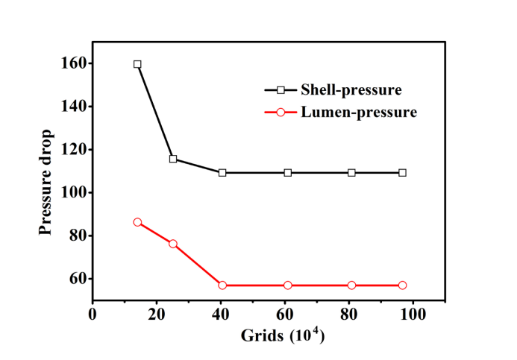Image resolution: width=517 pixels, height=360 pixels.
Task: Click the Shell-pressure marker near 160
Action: [137, 64]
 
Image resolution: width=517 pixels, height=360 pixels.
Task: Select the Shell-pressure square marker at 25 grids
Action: [173, 159]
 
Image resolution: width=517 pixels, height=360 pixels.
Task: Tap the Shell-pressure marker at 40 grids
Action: [222, 172]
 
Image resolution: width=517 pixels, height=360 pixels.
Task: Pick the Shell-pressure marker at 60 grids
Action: [287, 172]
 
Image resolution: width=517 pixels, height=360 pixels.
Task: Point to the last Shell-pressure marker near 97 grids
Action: [403, 172]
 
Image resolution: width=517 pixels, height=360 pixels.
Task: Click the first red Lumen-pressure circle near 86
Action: [137, 222]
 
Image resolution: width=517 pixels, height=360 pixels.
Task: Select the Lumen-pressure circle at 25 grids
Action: [173, 244]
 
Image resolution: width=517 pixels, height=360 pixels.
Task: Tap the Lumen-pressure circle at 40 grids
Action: [222, 285]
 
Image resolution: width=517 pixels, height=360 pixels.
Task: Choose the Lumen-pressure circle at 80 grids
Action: [351, 285]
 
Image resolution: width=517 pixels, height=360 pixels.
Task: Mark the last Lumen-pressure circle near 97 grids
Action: [403, 285]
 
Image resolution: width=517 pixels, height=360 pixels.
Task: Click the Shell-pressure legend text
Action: [351, 90]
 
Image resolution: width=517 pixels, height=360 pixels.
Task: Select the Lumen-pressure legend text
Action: [358, 113]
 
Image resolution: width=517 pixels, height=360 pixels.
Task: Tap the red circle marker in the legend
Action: [281, 113]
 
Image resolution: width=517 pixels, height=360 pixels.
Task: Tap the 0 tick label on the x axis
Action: [93, 314]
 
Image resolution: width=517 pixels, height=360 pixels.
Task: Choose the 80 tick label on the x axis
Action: [349, 314]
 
